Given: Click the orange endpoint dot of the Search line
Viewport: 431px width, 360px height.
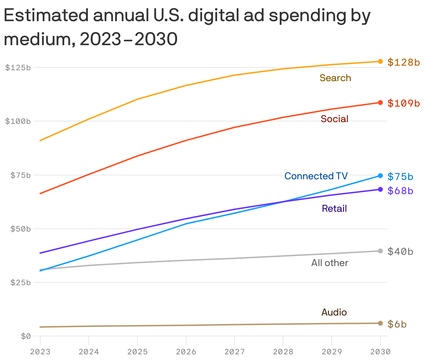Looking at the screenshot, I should tap(380, 61).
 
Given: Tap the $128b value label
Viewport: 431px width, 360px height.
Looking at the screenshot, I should tap(403, 62).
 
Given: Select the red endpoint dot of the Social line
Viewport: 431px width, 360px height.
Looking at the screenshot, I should tap(380, 103).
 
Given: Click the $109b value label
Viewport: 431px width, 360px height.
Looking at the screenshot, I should tap(403, 103).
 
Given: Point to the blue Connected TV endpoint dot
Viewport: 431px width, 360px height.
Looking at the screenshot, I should tap(380, 176).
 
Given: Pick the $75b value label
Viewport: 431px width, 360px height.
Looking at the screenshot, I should tap(400, 176).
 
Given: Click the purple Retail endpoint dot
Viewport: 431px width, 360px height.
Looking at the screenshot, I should tap(380, 190).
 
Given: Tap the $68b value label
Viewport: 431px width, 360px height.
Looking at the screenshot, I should tap(400, 191).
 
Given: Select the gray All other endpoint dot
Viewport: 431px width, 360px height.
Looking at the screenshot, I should tap(380, 251).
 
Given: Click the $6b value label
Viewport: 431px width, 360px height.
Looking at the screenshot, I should tap(397, 324).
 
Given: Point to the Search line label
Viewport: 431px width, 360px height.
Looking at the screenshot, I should tap(335, 78).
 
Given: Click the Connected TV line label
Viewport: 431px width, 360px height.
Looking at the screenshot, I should tap(316, 176).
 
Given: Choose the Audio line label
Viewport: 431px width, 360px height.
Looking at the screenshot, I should tap(334, 312).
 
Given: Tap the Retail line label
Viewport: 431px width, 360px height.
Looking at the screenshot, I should tap(334, 209).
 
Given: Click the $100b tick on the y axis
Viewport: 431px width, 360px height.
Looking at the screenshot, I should tap(18, 121).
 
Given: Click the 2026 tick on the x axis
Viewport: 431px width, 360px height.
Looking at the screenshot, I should tap(186, 352).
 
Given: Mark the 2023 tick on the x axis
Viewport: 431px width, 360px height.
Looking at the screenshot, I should tap(40, 352).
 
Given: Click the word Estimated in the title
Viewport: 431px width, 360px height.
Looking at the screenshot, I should tap(49, 16).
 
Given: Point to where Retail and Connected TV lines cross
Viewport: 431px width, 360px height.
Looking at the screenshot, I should tap(283, 202).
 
